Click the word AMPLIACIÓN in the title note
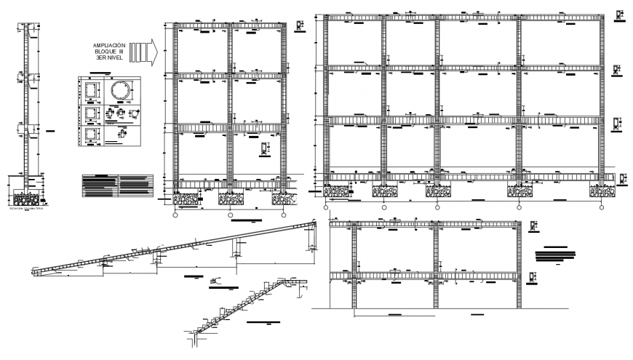pos(110,45)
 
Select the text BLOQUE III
pos(110,53)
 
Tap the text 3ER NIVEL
pos(110,60)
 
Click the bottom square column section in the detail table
pos(92,135)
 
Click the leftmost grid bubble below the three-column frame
pos(175,215)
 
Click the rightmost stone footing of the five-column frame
pos(601,191)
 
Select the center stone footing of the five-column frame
pos(437,191)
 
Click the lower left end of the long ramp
pos(36,271)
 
